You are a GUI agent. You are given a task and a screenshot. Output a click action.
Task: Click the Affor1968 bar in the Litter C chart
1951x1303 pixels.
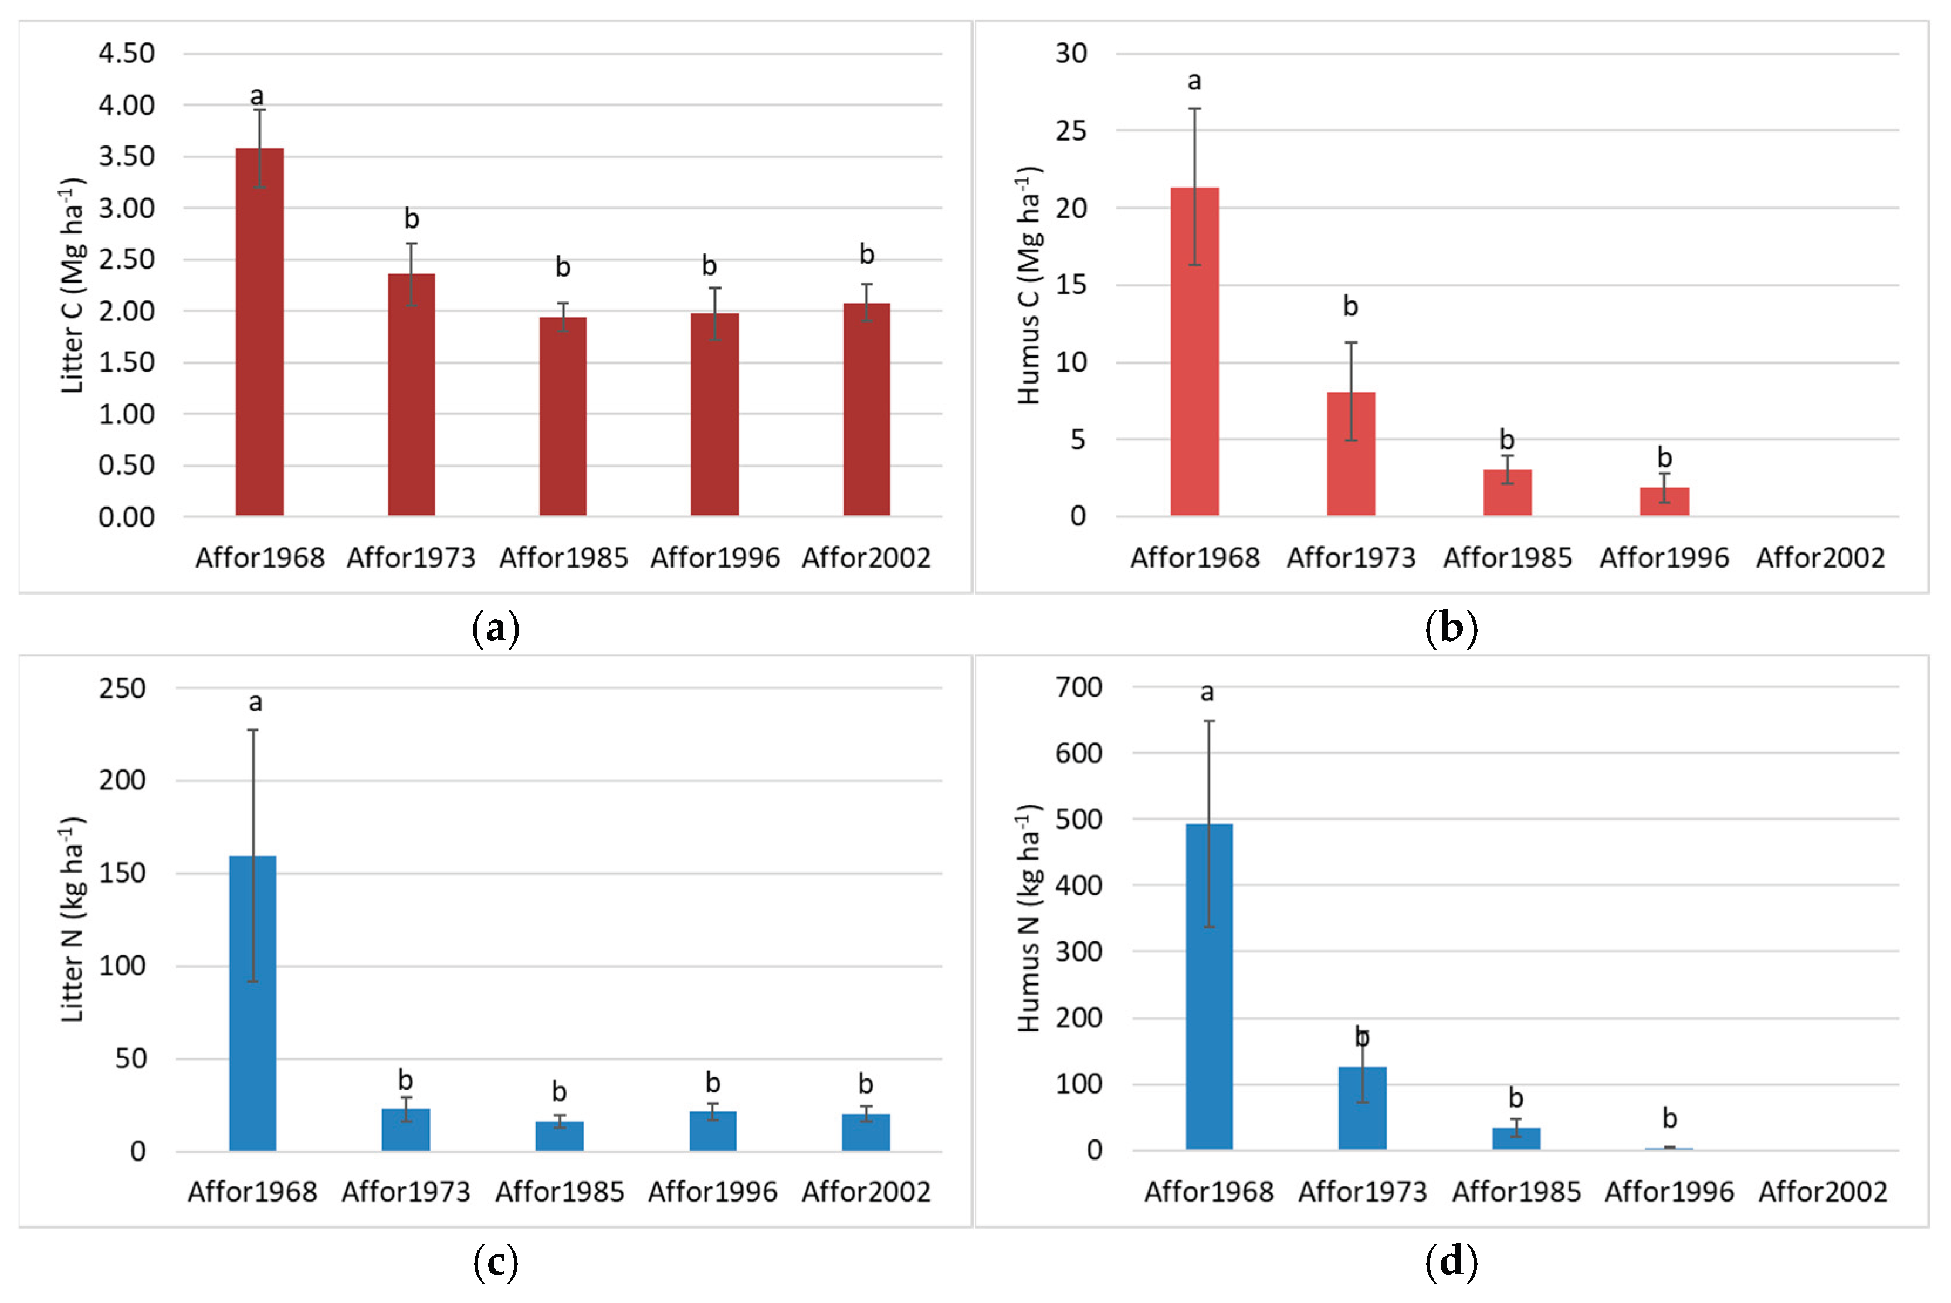(x=259, y=332)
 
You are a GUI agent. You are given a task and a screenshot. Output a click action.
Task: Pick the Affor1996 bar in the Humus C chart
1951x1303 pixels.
(x=1664, y=501)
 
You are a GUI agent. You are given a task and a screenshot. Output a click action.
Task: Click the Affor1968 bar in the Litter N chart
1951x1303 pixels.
(x=253, y=1003)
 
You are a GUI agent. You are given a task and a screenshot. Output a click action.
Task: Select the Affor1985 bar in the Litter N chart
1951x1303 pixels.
(x=560, y=1136)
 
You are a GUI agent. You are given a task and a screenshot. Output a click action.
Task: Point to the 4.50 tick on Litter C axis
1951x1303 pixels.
(x=126, y=53)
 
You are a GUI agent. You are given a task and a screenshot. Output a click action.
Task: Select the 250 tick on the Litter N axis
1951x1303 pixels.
(x=122, y=688)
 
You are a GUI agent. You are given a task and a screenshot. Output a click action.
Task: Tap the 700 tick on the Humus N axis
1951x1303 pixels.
(x=1078, y=687)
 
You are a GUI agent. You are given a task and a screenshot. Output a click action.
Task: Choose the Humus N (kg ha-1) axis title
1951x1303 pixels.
(x=1029, y=918)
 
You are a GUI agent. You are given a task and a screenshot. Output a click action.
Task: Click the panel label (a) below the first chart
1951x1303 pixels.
(x=496, y=627)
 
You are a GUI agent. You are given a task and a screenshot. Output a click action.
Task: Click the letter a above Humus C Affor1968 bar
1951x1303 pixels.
(x=1194, y=82)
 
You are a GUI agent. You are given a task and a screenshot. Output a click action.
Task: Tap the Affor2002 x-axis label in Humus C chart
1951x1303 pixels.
(x=1820, y=558)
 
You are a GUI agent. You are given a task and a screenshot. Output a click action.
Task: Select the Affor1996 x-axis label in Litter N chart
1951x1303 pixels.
(x=712, y=1192)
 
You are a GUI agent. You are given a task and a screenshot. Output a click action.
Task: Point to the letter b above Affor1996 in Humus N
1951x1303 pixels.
(x=1669, y=1118)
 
